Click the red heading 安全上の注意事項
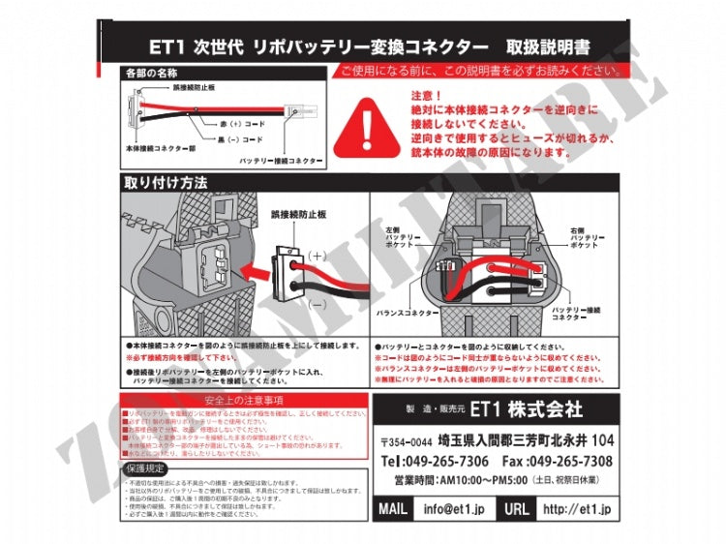[x=244, y=401]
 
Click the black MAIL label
[x=393, y=509]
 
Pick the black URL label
[x=514, y=509]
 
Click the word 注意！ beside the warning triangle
[x=427, y=97]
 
